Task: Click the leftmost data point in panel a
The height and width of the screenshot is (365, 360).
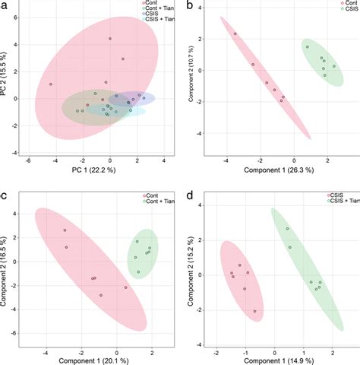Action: pos(51,84)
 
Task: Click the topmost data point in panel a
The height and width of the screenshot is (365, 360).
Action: pos(110,39)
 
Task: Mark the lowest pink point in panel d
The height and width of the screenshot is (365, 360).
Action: pos(254,311)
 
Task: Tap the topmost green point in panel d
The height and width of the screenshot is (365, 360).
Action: pos(287,229)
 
